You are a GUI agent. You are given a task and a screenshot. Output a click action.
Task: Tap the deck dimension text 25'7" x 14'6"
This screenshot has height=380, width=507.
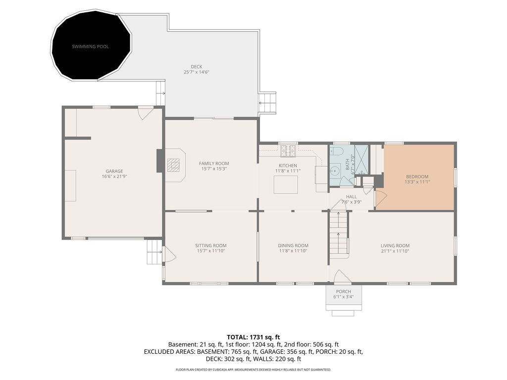click(197, 72)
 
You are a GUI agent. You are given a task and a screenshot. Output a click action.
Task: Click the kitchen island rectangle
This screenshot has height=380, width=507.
click(287, 185)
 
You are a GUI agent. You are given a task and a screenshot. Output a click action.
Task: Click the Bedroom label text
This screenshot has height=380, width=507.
click(417, 177)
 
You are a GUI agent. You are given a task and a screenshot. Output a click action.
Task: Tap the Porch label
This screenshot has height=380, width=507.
click(343, 292)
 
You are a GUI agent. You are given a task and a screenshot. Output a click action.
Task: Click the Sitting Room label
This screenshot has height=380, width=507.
click(210, 245)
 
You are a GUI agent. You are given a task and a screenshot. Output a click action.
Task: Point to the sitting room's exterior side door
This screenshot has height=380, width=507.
click(168, 255)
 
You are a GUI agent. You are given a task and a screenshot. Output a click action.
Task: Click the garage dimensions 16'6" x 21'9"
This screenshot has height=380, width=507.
click(114, 177)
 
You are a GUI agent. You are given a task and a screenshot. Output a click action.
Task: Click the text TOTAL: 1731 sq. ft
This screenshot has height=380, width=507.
click(253, 337)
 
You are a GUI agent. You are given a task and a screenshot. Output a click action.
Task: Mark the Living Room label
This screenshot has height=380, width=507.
click(395, 245)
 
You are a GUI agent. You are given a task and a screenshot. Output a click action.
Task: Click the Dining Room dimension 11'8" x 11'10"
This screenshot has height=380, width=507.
click(293, 251)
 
